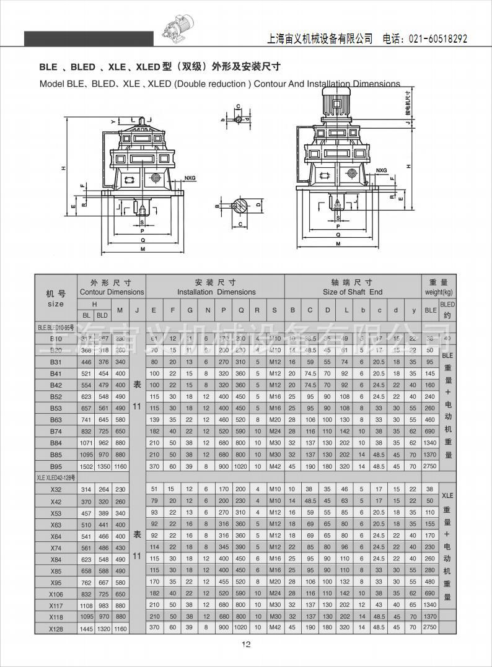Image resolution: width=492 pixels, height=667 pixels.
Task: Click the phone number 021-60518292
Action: (437, 39)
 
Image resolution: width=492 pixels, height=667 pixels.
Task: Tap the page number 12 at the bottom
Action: (246, 645)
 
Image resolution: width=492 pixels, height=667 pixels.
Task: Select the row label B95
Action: (56, 466)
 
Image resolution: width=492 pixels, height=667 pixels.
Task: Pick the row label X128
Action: (56, 628)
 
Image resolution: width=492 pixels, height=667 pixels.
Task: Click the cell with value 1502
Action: (86, 466)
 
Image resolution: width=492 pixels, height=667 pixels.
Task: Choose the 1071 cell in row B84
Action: (86, 443)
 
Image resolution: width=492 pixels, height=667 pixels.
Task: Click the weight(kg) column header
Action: (439, 292)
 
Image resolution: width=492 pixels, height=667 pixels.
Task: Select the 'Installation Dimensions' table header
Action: (216, 292)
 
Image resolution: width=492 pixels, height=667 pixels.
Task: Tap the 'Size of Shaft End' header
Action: (353, 292)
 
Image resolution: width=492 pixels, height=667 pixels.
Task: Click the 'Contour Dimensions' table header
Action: (112, 292)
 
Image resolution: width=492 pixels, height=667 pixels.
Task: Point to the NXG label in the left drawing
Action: (190, 178)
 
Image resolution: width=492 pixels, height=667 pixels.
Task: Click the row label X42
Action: (56, 502)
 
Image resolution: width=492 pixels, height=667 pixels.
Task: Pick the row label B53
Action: (56, 408)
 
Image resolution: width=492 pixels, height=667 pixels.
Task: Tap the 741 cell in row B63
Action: (86, 420)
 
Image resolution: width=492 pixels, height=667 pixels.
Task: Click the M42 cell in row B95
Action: (275, 466)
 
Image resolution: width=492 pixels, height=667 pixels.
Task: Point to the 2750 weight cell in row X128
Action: (429, 627)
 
